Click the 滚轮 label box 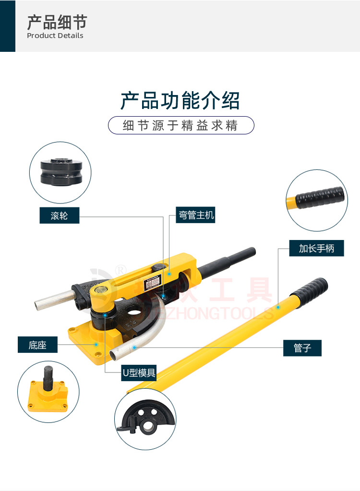tap(59, 216)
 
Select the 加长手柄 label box tap(316, 248)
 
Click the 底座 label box tap(37, 344)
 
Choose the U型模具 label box tap(139, 372)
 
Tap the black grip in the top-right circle tap(320, 196)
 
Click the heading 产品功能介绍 tap(180, 101)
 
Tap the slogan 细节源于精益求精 tap(180, 126)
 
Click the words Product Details tap(55, 36)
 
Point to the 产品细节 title tap(57, 22)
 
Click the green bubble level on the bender tap(101, 289)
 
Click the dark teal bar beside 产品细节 tap(8, 26)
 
